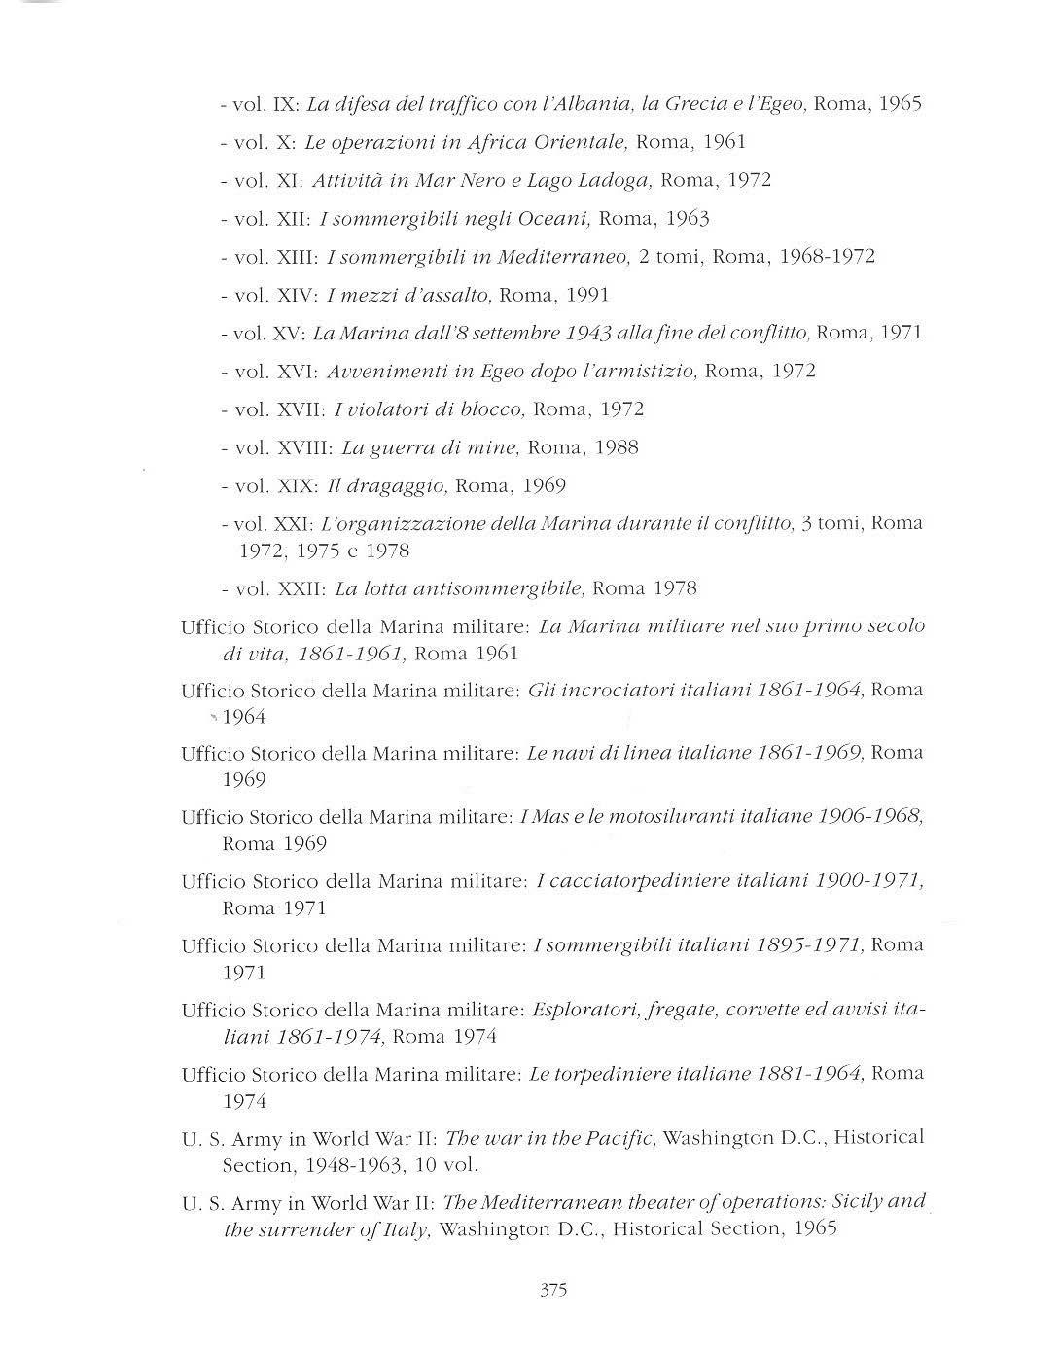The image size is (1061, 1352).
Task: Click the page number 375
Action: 552,1291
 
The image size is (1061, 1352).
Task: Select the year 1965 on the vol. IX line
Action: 900,103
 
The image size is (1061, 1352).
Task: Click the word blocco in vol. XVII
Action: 492,409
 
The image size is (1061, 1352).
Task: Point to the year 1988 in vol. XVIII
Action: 615,447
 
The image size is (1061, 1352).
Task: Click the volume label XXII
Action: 300,588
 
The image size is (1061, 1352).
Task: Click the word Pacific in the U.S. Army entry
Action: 620,1137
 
